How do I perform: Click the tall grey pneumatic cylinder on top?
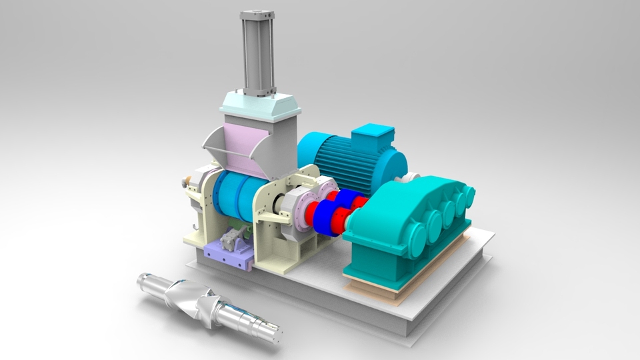point(258,53)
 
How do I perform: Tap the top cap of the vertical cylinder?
point(257,13)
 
